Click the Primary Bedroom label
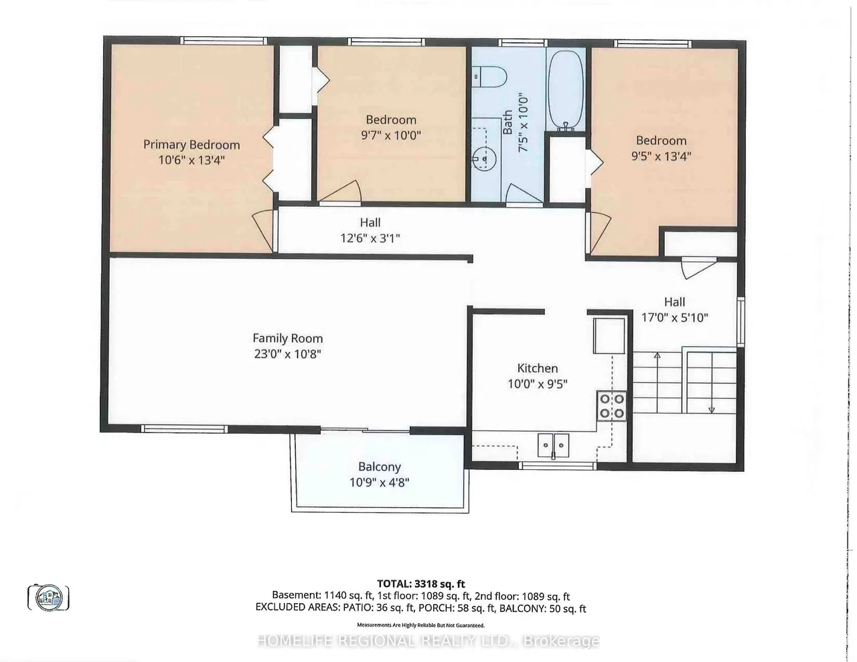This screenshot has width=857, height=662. (191, 145)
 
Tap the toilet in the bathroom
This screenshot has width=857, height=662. (489, 77)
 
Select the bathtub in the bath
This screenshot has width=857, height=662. (566, 90)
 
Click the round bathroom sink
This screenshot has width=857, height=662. (484, 159)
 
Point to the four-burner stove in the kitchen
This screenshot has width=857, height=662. (611, 406)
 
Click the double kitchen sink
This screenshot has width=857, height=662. (553, 446)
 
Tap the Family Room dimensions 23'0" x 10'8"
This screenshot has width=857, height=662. (287, 354)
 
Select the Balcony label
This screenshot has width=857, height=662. (380, 467)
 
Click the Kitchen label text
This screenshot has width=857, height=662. (537, 368)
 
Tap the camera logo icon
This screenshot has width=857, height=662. (48, 598)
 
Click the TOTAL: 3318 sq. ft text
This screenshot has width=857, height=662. (421, 584)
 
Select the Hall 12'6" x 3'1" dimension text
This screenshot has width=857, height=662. (370, 238)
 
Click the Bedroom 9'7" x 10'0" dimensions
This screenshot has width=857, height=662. (391, 135)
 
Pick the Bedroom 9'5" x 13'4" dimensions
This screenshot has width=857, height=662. (661, 156)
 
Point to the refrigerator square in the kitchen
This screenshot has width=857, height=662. (609, 336)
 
